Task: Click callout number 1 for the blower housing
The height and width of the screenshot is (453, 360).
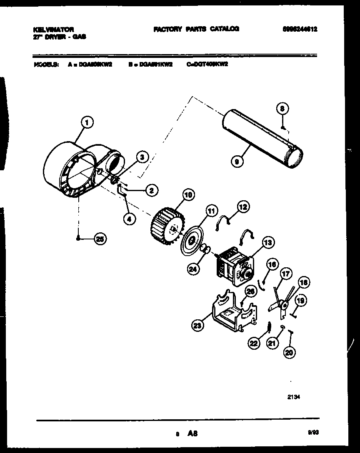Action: (x=87, y=122)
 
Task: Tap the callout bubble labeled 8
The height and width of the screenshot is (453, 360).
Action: (x=282, y=109)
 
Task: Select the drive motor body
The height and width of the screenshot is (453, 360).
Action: (x=231, y=266)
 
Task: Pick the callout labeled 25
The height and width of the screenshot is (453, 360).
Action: (x=100, y=239)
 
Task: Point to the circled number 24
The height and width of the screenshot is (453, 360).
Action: (x=193, y=269)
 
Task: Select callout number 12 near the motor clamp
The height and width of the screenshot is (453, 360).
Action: (x=243, y=206)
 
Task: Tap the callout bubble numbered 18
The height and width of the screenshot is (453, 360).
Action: (x=304, y=283)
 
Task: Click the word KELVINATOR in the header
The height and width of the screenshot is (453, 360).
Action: (x=53, y=29)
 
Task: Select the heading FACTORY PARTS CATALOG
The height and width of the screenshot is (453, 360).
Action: (x=196, y=29)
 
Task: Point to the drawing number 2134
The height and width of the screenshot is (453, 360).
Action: (x=293, y=397)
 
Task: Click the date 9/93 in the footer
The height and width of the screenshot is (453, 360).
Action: (x=312, y=433)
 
